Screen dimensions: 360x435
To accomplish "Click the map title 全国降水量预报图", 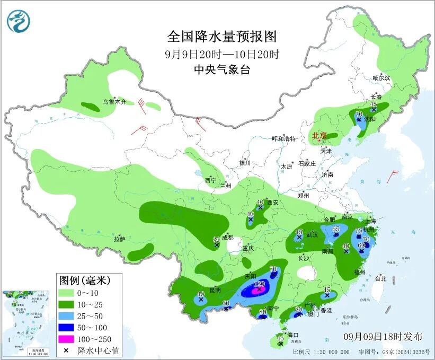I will coord(222,37).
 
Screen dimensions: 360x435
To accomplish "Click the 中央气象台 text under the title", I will coord(221,69).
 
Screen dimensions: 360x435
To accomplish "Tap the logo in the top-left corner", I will coord(19,21).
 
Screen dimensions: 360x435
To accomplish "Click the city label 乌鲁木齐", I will coord(114,102).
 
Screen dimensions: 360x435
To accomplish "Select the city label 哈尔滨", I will coord(380,78).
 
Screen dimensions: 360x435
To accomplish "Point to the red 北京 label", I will coord(319,135).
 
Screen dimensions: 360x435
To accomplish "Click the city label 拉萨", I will coord(119,239).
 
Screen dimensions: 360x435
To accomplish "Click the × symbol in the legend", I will coord(67,350).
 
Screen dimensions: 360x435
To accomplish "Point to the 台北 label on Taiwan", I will coord(380,278).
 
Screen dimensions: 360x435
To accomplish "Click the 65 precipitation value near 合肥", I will coord(335,229).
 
